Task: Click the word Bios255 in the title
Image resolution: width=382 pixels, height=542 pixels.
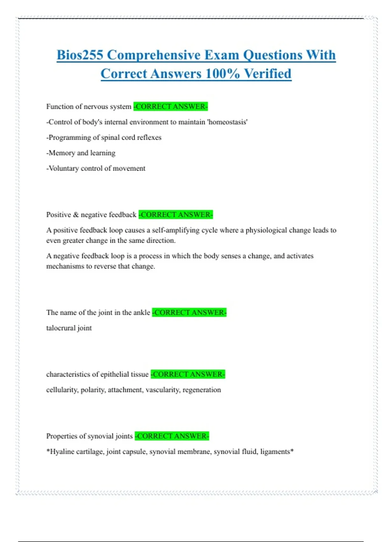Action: pos(80,55)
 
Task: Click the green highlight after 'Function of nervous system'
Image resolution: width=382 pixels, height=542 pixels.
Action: pos(171,106)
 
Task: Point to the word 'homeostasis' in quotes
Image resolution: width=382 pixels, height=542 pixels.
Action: pos(228,122)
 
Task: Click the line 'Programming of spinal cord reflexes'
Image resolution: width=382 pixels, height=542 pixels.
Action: pos(104,137)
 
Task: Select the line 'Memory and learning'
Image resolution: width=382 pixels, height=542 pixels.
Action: pos(81,153)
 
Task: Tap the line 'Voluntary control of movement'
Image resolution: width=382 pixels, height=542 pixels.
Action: pos(96,168)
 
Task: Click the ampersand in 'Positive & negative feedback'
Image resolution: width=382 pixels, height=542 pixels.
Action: pos(76,215)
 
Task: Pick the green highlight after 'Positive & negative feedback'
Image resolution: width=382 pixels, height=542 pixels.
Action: pos(176,215)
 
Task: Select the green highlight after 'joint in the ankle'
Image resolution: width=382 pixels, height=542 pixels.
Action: pos(189,312)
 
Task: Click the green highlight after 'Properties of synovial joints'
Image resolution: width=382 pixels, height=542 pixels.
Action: pos(172,436)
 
